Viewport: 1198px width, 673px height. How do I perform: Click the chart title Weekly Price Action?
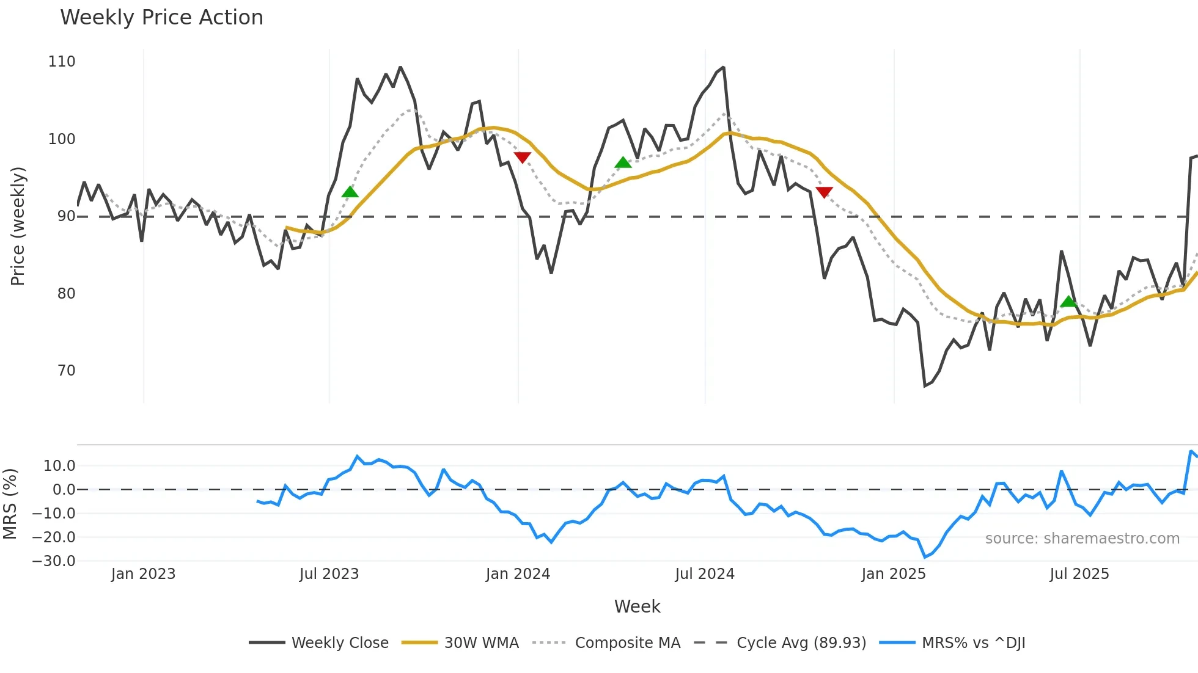(x=161, y=18)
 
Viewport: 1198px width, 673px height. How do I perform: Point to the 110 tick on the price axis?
(x=62, y=62)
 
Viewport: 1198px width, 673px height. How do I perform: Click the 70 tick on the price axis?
(x=66, y=371)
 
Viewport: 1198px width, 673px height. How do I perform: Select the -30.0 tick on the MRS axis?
(x=54, y=561)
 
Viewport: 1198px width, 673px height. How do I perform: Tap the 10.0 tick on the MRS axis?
(x=59, y=466)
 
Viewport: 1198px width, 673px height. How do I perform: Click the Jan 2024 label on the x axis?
(x=518, y=574)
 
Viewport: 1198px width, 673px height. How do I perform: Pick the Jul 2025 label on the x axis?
(x=1079, y=574)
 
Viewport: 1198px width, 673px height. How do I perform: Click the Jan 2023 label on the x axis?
(x=143, y=574)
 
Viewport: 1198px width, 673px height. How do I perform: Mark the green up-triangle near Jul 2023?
(x=350, y=192)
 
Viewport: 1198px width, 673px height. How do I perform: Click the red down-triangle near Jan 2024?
(x=522, y=158)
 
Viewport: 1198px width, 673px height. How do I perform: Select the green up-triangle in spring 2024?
(x=623, y=162)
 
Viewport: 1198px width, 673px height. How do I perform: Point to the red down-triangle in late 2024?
(x=824, y=192)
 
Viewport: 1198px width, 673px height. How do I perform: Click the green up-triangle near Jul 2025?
(x=1068, y=302)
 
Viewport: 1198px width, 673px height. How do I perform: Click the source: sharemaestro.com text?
(x=1082, y=539)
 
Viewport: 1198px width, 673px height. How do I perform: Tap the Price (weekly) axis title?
(x=18, y=226)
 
